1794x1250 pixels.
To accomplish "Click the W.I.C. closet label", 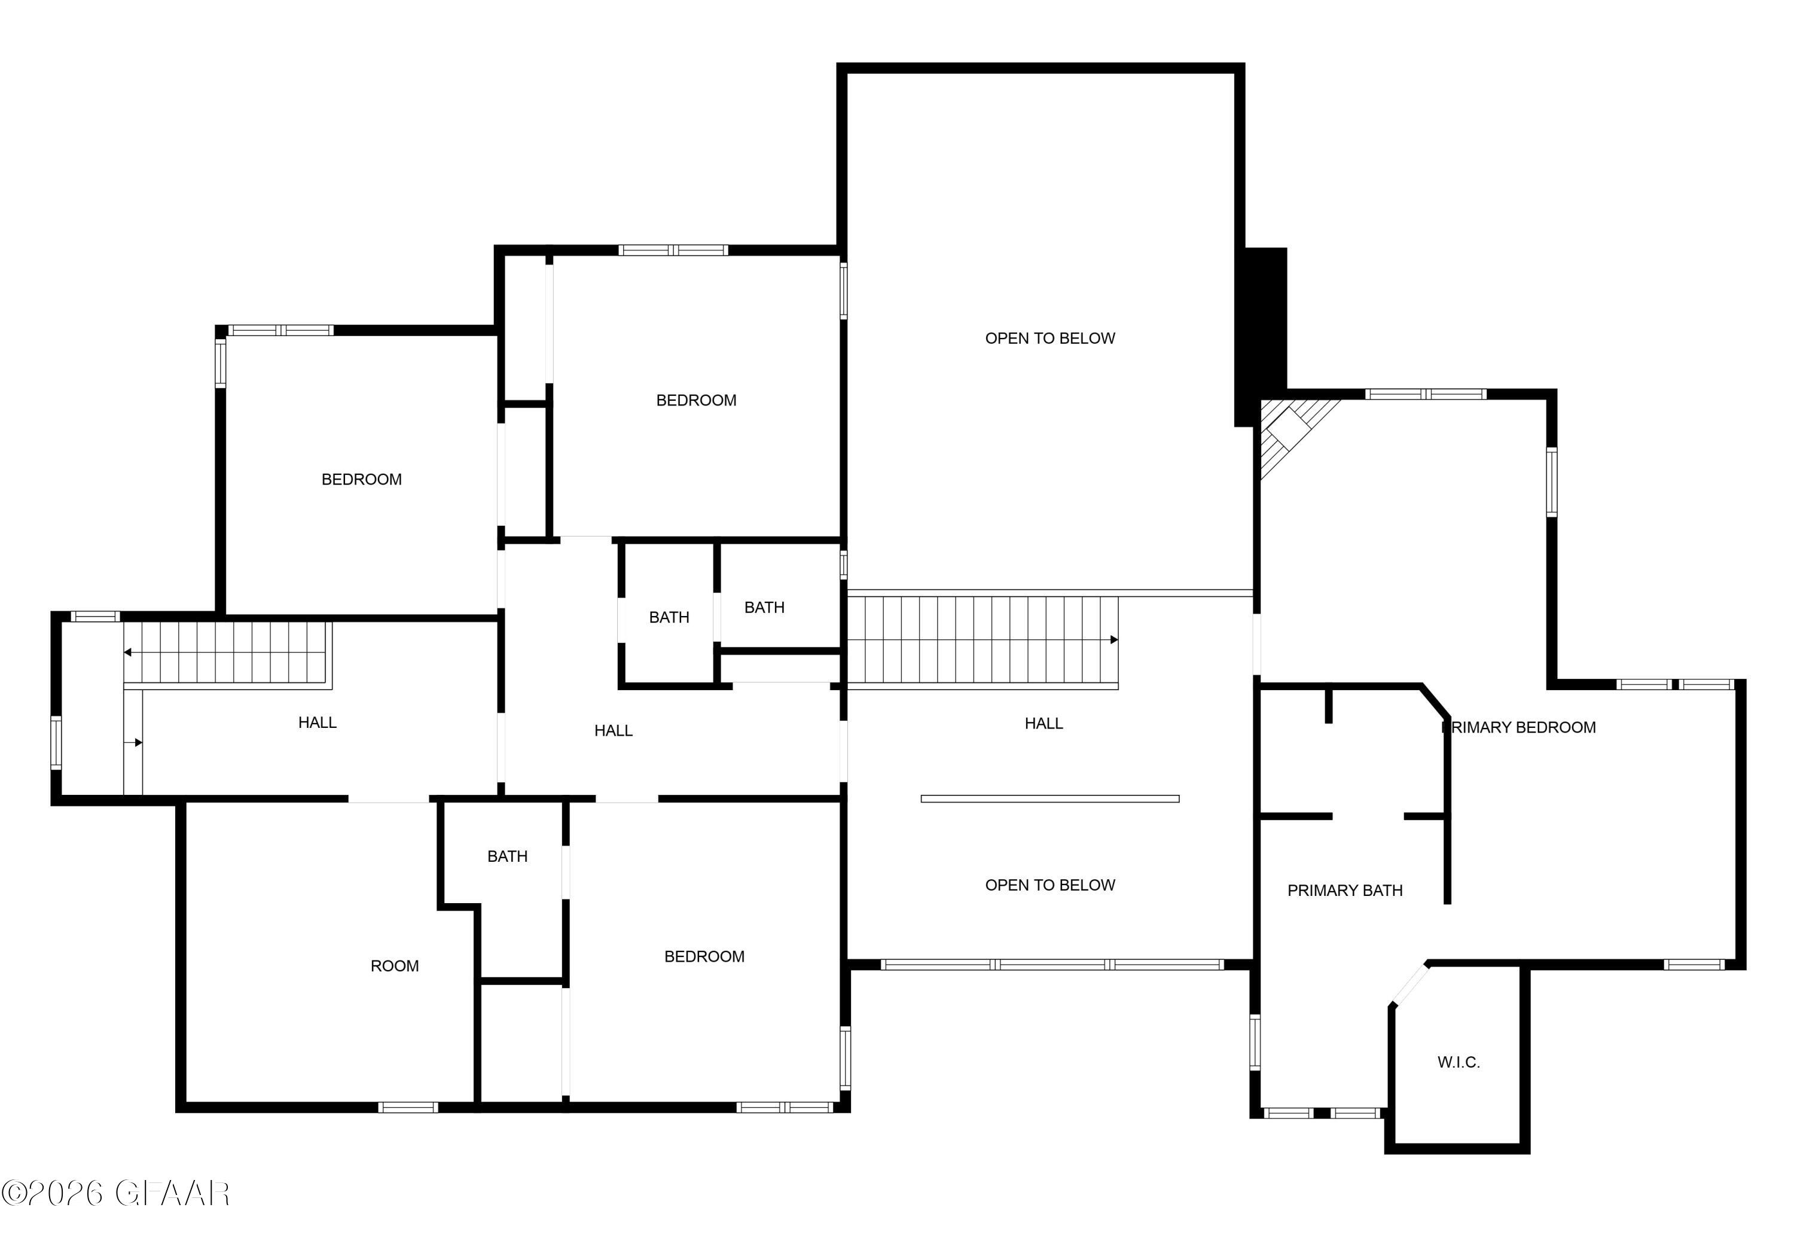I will [1458, 1062].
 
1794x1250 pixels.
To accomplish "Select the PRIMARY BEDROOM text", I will [1518, 727].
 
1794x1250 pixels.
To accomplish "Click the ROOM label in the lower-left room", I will [395, 967].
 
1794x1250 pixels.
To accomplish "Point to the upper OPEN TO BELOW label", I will [1049, 339].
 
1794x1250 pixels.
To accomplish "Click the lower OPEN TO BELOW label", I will [1049, 885].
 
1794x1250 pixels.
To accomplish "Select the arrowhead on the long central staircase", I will [1113, 640].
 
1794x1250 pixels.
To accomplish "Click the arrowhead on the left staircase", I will [127, 651].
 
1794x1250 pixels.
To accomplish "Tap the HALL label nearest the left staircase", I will [317, 722].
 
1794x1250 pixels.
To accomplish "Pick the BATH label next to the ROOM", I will [507, 856].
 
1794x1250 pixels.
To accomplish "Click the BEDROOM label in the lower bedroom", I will [704, 957].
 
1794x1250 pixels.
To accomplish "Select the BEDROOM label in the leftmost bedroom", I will [362, 480].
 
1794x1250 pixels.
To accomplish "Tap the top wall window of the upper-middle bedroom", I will [673, 251].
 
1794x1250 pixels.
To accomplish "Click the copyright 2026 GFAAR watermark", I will [115, 1193].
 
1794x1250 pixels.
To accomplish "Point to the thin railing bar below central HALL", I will [1049, 798].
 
